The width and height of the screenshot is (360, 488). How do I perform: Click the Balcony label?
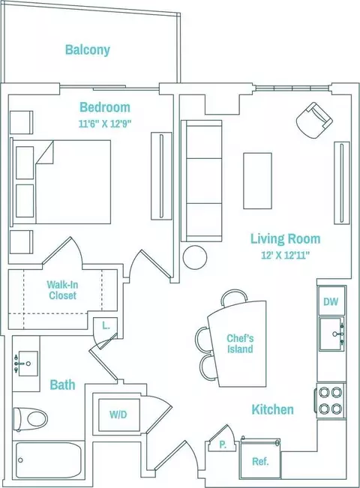pyautogui.click(x=88, y=49)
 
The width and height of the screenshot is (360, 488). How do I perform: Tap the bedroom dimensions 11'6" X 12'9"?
pyautogui.click(x=105, y=124)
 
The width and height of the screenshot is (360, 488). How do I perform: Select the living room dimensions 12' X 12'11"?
pyautogui.click(x=285, y=256)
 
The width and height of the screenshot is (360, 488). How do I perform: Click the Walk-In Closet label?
pyautogui.click(x=62, y=290)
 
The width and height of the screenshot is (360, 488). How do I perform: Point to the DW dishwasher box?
pyautogui.click(x=331, y=301)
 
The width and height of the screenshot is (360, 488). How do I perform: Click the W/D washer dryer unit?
pyautogui.click(x=119, y=415)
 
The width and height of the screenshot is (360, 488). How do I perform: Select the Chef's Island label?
pyautogui.click(x=240, y=343)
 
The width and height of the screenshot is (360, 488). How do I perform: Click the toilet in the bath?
pyautogui.click(x=31, y=418)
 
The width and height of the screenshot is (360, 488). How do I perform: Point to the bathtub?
pyautogui.click(x=49, y=460)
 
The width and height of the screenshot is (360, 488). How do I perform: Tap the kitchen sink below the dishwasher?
pyautogui.click(x=332, y=334)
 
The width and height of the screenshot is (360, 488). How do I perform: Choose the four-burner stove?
pyautogui.click(x=331, y=400)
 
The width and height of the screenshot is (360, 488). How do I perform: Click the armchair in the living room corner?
pyautogui.click(x=314, y=121)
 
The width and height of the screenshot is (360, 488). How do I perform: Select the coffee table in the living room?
pyautogui.click(x=257, y=181)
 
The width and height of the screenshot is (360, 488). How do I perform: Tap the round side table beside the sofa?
pyautogui.click(x=195, y=257)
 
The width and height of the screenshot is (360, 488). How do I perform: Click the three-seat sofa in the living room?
pyautogui.click(x=202, y=181)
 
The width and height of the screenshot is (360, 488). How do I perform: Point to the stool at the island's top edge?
pyautogui.click(x=233, y=297)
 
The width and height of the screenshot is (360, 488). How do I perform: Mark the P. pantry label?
pyautogui.click(x=223, y=445)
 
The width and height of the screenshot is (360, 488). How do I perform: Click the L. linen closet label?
pyautogui.click(x=106, y=326)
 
